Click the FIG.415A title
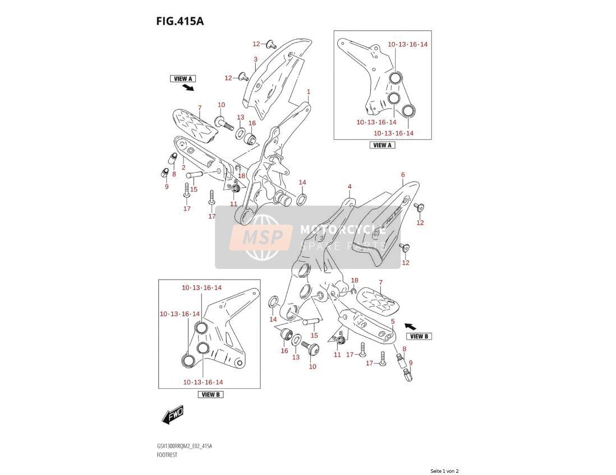pos(180,21)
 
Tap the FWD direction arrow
pos(173,415)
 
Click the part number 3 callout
pos(255,59)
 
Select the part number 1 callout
pos(309,92)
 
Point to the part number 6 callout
pos(403,175)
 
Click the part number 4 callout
pos(350,187)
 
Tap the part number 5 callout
pos(393,322)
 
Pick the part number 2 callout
pos(183,167)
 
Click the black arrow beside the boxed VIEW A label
pos(188,87)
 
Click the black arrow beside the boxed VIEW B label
pos(410,325)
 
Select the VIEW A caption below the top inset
pos(382,145)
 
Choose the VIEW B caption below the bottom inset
pos(210,394)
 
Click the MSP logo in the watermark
pos(261,237)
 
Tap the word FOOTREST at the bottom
pos(167,455)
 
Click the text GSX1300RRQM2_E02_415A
pos(184,446)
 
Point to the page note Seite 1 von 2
pos(444,471)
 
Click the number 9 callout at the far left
pos(167,187)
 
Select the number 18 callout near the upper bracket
pos(241,176)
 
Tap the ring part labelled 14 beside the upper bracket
pos(301,199)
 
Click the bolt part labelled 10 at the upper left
pos(224,122)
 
